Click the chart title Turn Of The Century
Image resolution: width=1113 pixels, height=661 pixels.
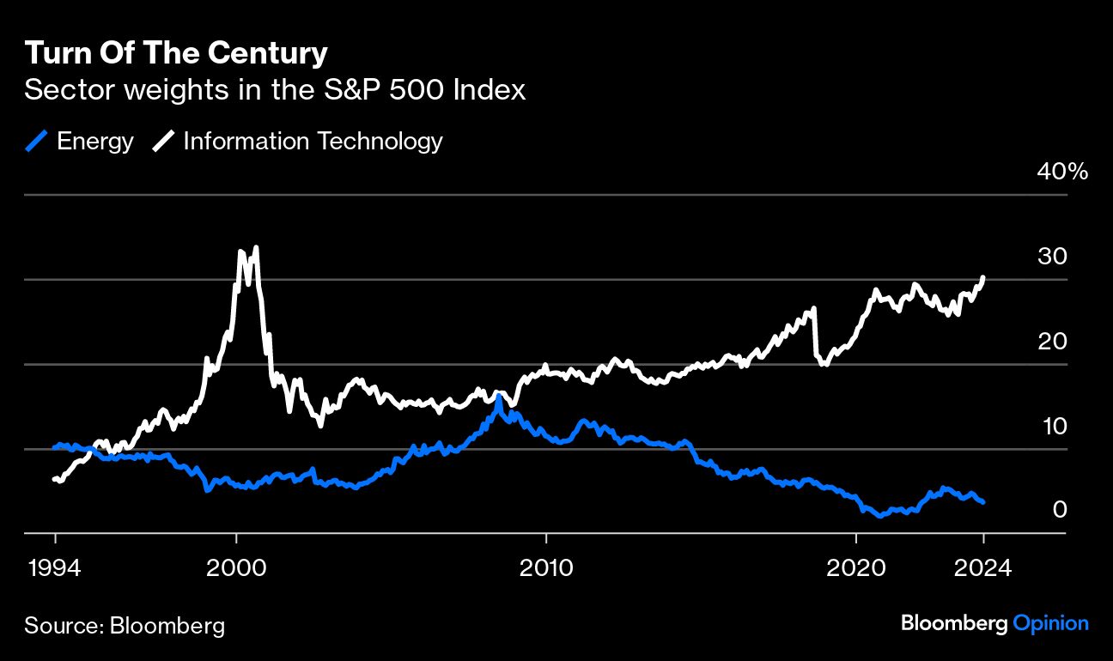pos(176,53)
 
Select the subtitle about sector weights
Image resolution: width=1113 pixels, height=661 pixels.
pos(275,90)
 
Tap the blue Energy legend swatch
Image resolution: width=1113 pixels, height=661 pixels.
pos(36,141)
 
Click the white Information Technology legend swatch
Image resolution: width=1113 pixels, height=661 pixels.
pos(163,141)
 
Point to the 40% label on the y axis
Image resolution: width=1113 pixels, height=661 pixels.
pos(1062,172)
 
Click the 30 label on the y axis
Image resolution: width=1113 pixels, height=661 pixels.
pos(1052,257)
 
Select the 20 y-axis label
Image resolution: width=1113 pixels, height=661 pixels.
pos(1052,341)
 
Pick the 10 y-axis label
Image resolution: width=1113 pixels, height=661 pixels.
pos(1054,426)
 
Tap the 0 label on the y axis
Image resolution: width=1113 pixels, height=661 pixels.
pos(1060,510)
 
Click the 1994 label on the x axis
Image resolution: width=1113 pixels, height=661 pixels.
pos(55,567)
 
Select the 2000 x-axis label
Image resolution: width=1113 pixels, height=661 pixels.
pos(236,567)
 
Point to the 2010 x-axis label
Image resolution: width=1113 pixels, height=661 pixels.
pos(546,567)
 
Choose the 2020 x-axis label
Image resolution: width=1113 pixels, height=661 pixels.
pos(855,567)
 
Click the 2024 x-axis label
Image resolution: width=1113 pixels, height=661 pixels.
pos(982,567)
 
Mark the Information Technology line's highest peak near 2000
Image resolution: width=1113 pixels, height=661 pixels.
pos(256,247)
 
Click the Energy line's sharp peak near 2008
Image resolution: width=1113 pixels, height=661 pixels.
pos(498,397)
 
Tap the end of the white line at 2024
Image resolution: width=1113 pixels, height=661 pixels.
pos(982,277)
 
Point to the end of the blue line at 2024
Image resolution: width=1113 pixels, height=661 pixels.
pos(982,502)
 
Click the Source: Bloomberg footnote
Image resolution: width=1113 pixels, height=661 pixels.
pos(125,625)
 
